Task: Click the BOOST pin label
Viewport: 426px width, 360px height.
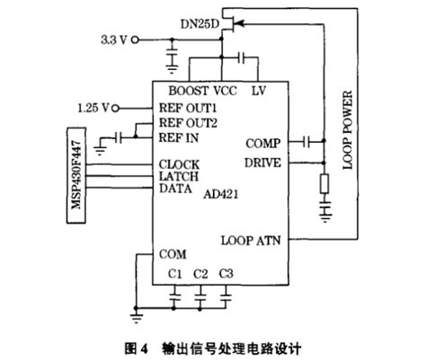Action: (x=188, y=91)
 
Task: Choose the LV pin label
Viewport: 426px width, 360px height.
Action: (x=257, y=91)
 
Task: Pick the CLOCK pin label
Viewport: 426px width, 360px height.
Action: (x=179, y=164)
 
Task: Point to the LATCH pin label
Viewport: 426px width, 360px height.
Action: (x=179, y=176)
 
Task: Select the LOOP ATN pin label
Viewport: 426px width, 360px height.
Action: (x=255, y=240)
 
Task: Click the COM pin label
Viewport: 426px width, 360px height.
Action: (x=173, y=254)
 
